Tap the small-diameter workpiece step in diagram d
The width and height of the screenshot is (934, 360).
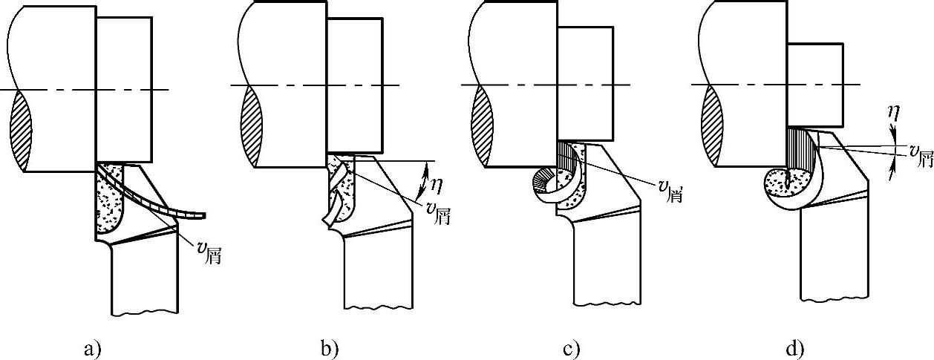pos(814,84)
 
